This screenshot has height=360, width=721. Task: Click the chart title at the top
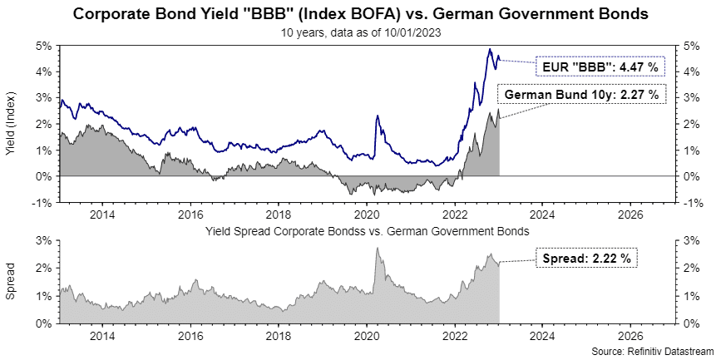click(x=360, y=14)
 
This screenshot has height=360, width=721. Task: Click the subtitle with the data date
click(x=360, y=33)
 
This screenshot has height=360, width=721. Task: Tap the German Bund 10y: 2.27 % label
click(x=582, y=95)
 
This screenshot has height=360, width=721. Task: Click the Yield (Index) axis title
click(x=11, y=125)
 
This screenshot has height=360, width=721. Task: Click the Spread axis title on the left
click(x=11, y=282)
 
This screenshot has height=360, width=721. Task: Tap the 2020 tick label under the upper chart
click(x=366, y=213)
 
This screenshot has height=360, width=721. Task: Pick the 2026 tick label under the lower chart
click(x=630, y=336)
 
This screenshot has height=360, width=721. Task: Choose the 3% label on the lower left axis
click(x=46, y=240)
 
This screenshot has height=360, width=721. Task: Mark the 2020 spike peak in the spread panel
click(x=378, y=248)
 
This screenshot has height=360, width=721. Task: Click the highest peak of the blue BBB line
click(x=491, y=50)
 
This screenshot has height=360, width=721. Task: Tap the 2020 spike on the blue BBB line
click(x=378, y=116)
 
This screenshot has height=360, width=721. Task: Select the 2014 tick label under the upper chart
click(x=102, y=213)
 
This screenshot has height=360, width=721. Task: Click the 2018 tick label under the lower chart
click(x=279, y=336)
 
